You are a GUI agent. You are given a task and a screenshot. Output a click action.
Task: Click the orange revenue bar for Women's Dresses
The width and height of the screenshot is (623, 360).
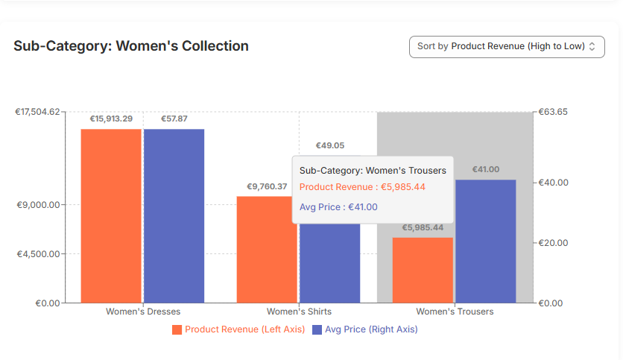111,215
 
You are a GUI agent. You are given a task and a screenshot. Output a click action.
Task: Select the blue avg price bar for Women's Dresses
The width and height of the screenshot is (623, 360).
174,215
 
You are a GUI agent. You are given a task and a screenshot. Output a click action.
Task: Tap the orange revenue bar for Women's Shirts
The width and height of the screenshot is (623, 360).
266,250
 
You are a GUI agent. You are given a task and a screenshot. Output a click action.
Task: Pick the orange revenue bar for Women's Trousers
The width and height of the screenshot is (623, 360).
423,270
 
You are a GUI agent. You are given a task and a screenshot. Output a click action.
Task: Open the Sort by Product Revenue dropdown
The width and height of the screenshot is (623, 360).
507,46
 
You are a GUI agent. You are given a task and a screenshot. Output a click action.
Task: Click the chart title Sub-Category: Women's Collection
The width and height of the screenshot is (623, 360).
131,46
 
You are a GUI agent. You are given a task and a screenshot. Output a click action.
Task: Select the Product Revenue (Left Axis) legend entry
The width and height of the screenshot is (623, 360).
238,329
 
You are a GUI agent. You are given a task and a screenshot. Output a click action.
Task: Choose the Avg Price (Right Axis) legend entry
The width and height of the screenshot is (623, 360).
364,329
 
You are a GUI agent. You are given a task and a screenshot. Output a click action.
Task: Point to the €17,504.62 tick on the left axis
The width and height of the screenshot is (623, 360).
38,112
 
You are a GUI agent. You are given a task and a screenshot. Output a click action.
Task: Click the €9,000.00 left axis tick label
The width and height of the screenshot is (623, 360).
38,205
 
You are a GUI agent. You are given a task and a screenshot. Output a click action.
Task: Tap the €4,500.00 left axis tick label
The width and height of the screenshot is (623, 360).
38,254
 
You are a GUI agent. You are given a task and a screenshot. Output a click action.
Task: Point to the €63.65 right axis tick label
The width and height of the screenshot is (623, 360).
553,112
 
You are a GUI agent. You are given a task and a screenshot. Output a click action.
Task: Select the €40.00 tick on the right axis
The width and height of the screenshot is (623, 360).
553,183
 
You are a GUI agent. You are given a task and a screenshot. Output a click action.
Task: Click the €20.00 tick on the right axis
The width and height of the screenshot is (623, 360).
553,243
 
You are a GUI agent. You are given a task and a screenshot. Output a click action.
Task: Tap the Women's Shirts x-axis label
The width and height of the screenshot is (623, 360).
299,312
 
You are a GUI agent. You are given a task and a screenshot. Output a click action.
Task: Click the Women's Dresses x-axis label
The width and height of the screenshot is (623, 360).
143,312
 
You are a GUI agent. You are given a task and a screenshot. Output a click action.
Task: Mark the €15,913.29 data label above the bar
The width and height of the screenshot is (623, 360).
111,119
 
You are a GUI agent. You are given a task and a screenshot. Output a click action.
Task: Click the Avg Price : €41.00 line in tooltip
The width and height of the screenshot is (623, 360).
338,207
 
